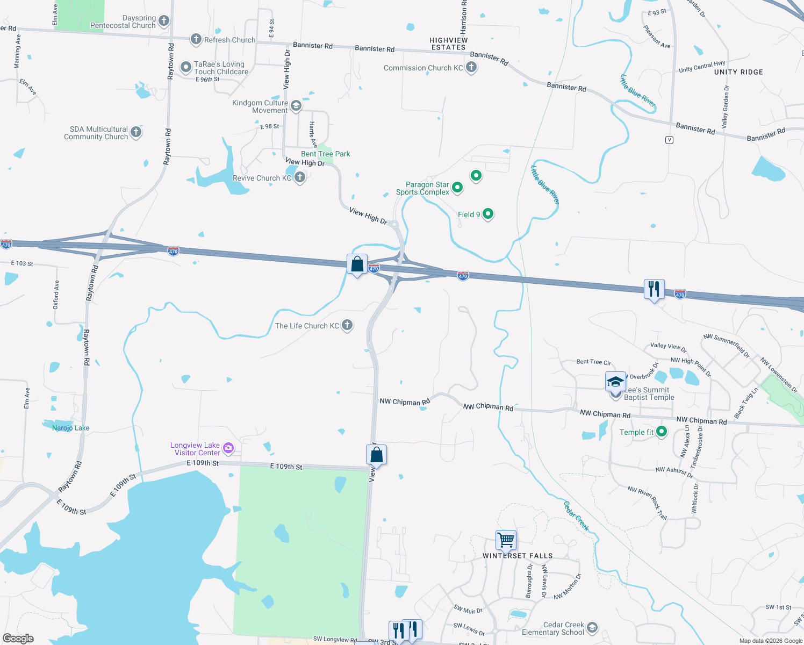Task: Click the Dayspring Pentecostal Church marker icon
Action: pyautogui.click(x=164, y=21)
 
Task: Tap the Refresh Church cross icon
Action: pyautogui.click(x=196, y=39)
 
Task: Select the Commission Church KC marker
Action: pyautogui.click(x=471, y=67)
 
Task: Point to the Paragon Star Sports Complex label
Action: pyautogui.click(x=422, y=188)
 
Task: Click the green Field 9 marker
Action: pyautogui.click(x=488, y=214)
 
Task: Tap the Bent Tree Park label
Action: pyautogui.click(x=325, y=154)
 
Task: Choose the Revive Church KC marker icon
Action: pyautogui.click(x=300, y=177)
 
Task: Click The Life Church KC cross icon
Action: pyautogui.click(x=347, y=325)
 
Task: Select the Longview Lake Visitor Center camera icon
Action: pyautogui.click(x=228, y=448)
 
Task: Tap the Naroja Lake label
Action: pyautogui.click(x=71, y=428)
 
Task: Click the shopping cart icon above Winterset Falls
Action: pyautogui.click(x=506, y=540)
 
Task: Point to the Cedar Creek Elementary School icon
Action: pyautogui.click(x=592, y=627)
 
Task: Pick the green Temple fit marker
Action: pyautogui.click(x=662, y=431)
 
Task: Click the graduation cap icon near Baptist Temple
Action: pyautogui.click(x=615, y=382)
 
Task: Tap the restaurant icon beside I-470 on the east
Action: pyautogui.click(x=654, y=289)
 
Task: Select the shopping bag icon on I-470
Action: pyautogui.click(x=357, y=264)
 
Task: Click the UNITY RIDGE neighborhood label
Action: pyautogui.click(x=738, y=72)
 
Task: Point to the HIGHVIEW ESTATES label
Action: pyautogui.click(x=449, y=44)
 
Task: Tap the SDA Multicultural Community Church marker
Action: pyautogui.click(x=136, y=132)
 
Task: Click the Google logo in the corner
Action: pyautogui.click(x=18, y=639)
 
